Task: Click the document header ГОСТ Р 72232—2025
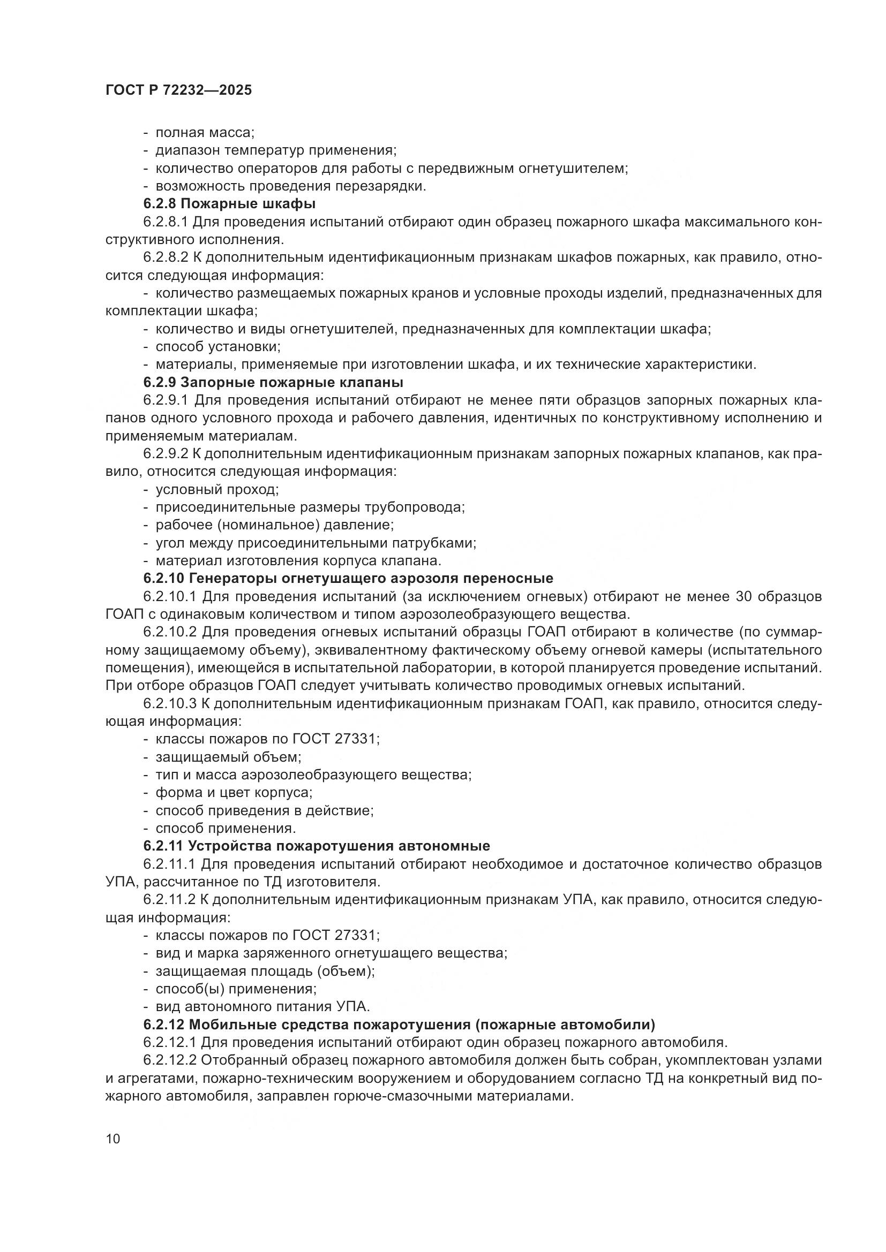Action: (x=178, y=90)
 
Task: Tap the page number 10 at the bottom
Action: (x=113, y=1139)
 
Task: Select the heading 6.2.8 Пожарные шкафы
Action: (x=230, y=204)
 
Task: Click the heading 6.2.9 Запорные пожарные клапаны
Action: (x=273, y=382)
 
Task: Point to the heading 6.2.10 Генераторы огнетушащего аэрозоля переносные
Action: (x=348, y=578)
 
